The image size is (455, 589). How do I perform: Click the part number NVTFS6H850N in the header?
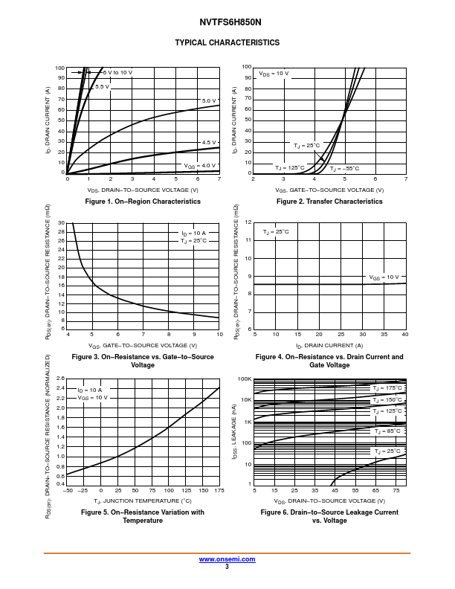click(227, 22)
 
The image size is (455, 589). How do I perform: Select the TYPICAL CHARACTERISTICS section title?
click(227, 42)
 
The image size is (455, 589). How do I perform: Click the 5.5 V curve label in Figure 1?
click(101, 87)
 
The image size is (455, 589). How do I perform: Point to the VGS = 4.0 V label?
click(200, 165)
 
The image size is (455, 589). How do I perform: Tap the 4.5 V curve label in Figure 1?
click(209, 142)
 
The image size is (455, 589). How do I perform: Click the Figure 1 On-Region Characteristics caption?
click(143, 202)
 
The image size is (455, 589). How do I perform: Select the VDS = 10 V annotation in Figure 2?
click(274, 74)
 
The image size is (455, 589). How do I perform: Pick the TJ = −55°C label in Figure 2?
click(344, 168)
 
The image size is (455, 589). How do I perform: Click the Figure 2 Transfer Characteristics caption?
click(329, 202)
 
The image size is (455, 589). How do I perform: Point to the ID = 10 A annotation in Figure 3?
click(193, 234)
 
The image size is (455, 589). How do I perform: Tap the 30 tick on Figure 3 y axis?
click(62, 222)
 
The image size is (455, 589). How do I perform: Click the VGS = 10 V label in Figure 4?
click(384, 277)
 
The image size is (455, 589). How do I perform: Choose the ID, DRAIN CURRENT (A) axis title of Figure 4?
click(329, 345)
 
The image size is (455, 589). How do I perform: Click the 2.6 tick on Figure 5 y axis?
click(61, 379)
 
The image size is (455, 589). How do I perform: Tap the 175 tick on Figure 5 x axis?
click(219, 491)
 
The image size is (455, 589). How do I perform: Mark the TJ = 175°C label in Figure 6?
click(387, 387)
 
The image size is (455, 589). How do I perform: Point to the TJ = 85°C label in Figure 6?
click(387, 431)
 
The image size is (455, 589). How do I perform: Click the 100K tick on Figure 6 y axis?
click(245, 379)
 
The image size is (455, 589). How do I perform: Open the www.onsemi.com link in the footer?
click(227, 559)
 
